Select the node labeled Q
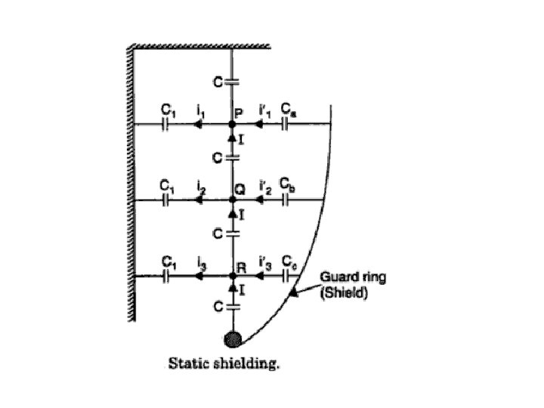coord(233,199)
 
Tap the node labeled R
coord(233,277)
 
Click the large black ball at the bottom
coord(233,338)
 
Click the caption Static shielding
coord(224,363)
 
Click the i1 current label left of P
coord(200,111)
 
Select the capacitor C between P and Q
coord(233,157)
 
